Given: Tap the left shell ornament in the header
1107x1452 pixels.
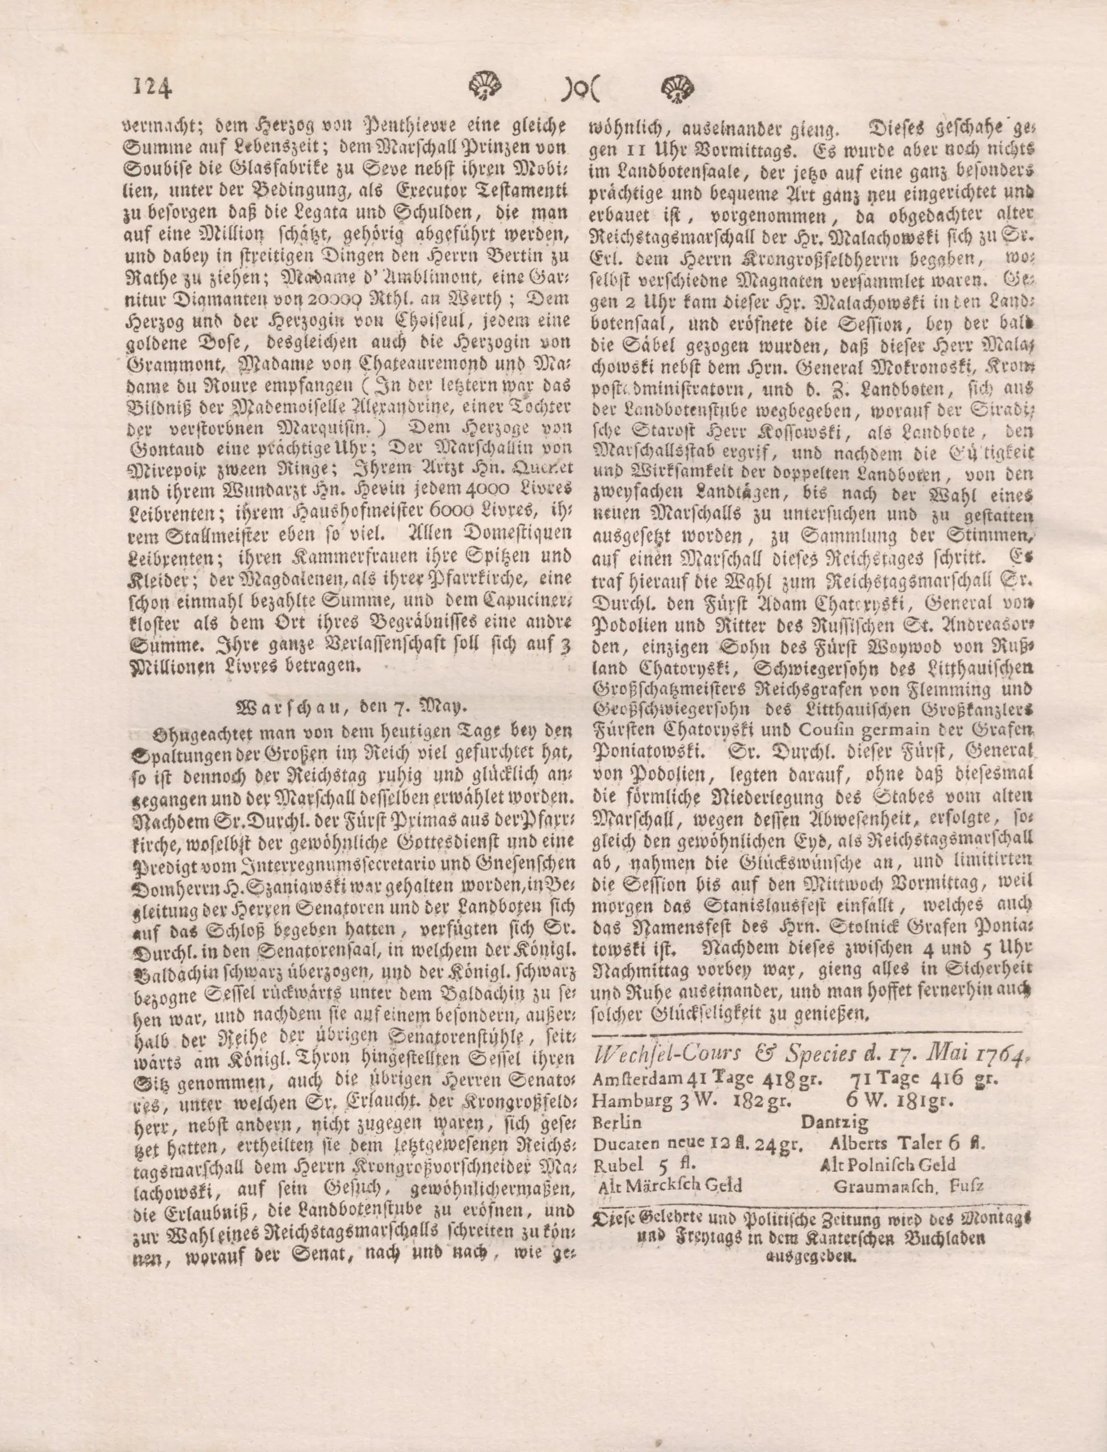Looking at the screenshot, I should click(484, 86).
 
